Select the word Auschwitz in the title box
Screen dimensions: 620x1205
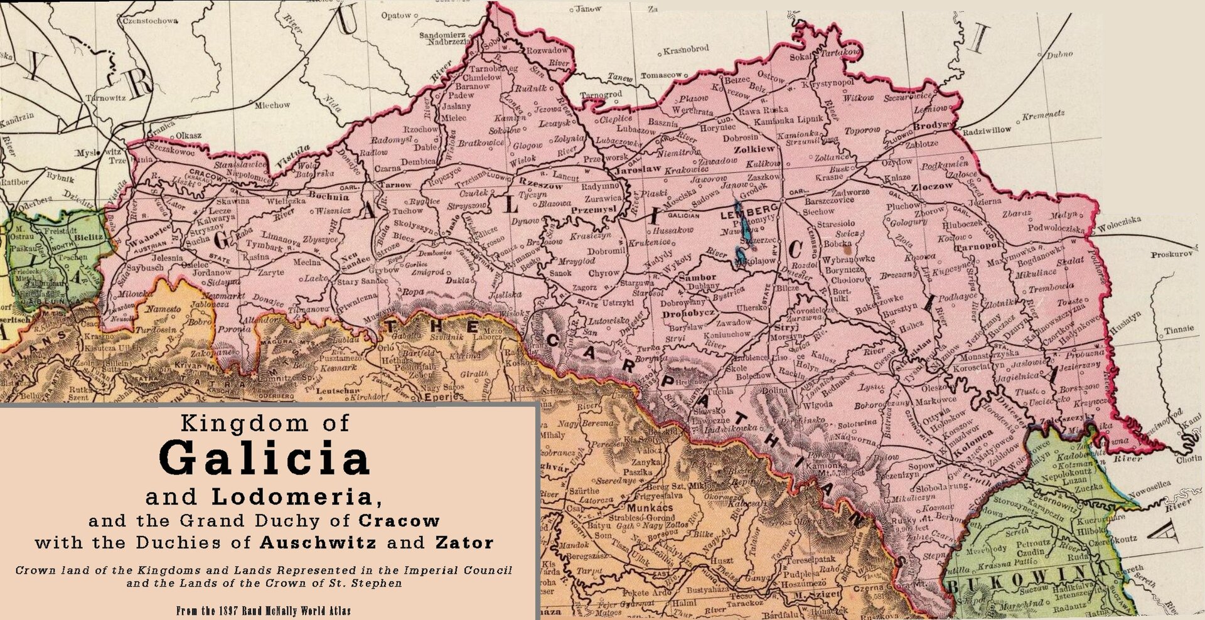coord(318,542)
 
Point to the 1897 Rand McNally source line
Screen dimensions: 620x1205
coord(264,611)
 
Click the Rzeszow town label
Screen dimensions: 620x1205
coord(541,186)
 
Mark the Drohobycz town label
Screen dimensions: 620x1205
coord(688,313)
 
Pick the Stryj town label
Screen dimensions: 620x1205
coord(786,327)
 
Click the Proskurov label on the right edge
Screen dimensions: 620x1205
coord(1171,254)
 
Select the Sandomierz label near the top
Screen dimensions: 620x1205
coord(442,35)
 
